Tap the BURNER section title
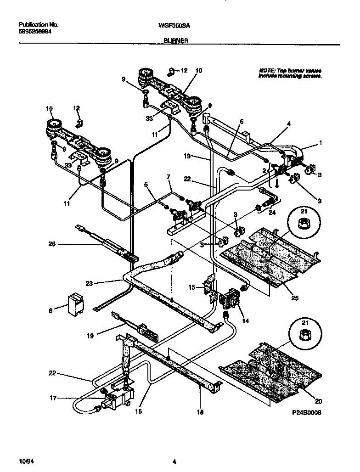pyautogui.click(x=175, y=41)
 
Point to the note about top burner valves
pyautogui.click(x=290, y=73)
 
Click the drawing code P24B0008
pyautogui.click(x=305, y=412)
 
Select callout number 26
pyautogui.click(x=51, y=244)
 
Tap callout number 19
pyautogui.click(x=90, y=336)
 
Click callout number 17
pyautogui.click(x=53, y=398)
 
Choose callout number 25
pyautogui.click(x=294, y=298)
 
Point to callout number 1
pyautogui.click(x=321, y=143)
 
